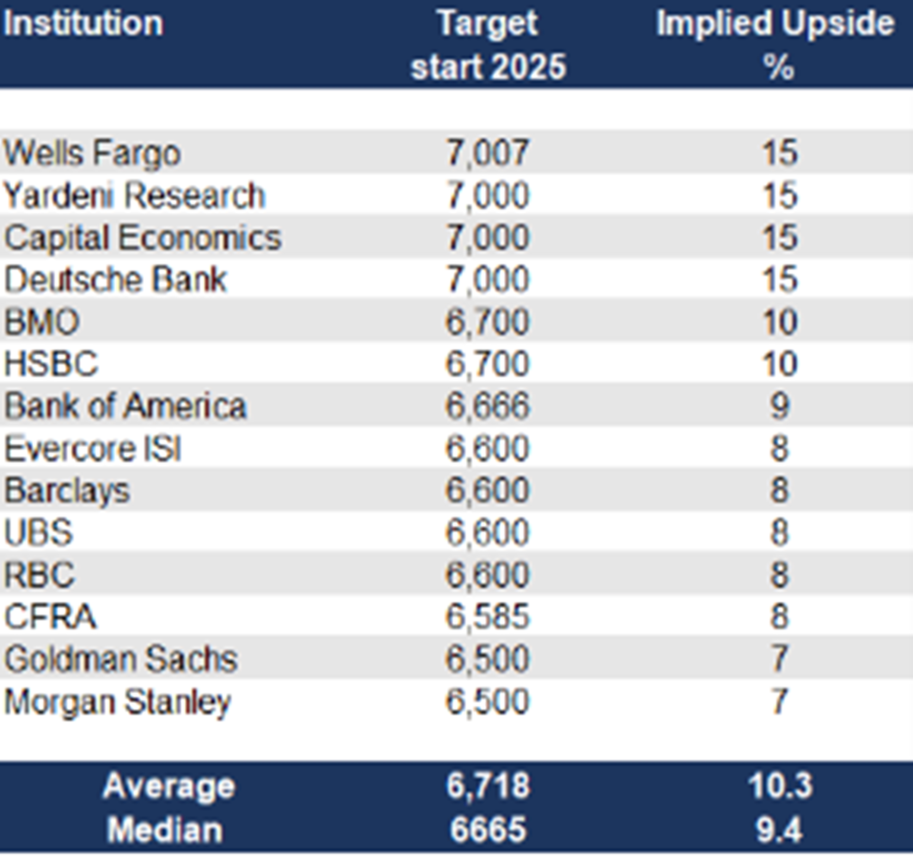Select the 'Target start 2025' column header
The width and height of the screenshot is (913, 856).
click(x=488, y=45)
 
